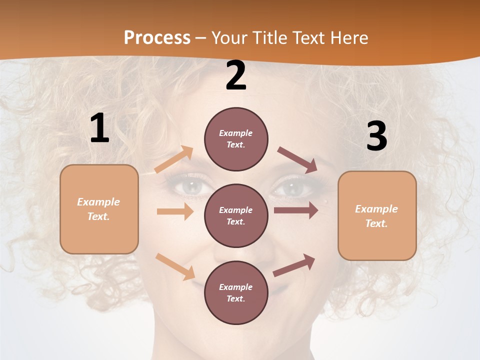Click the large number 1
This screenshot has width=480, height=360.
point(99,128)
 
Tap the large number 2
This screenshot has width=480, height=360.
point(236,76)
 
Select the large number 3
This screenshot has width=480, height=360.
point(376,136)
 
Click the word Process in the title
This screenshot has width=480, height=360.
point(157,37)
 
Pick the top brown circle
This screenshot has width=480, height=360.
point(236,139)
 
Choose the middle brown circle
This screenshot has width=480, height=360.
point(236,215)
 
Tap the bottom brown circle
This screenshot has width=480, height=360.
point(236,292)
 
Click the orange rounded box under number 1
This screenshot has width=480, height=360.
point(99,209)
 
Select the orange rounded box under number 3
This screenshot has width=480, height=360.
point(377,216)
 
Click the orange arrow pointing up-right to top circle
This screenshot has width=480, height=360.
point(174,159)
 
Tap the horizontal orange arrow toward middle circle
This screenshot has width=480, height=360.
point(175,211)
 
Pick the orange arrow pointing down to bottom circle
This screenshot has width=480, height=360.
point(175,266)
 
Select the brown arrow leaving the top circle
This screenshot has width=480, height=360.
point(297,160)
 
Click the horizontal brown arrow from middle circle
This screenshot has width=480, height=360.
point(296,210)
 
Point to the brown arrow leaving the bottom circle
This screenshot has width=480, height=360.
point(294,265)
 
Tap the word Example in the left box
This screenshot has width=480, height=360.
point(98,202)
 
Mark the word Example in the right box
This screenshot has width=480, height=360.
point(376,209)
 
